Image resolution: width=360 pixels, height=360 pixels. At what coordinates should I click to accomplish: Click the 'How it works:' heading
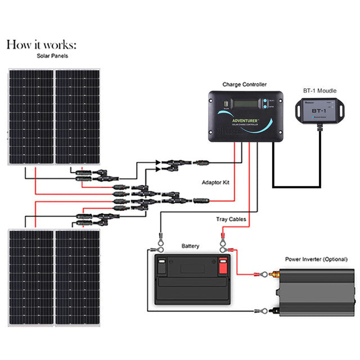click(40, 45)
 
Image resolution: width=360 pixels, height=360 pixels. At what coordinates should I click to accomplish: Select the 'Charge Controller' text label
click(244, 84)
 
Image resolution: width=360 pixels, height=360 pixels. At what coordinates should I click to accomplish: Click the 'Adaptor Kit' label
click(215, 183)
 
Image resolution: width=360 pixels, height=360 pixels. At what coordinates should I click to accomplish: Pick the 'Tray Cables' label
click(230, 219)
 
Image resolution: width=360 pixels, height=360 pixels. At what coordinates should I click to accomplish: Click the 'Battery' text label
click(190, 246)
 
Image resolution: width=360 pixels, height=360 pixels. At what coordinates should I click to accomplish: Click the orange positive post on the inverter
click(276, 275)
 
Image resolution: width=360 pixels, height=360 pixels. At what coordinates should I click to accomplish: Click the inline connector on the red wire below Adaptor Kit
click(200, 200)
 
